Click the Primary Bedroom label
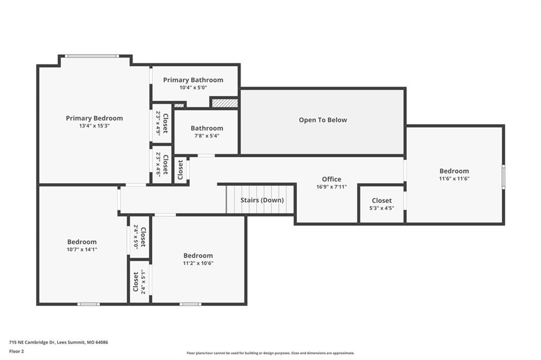pos(94,118)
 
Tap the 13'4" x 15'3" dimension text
pos(94,126)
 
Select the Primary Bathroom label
pos(193,80)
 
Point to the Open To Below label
pos(323,120)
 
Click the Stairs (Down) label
pos(262,200)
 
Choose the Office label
pos(332,179)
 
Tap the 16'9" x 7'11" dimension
pos(332,187)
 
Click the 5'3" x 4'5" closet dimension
pos(381,209)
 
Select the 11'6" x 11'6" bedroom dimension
pos(454,178)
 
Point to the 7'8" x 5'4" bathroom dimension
pos(207,136)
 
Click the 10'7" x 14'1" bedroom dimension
pos(82,250)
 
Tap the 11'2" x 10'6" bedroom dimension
pos(198,263)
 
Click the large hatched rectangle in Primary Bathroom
pos(225,103)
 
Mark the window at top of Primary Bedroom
pos(92,56)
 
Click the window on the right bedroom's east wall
pos(503,177)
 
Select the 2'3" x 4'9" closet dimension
pos(158,123)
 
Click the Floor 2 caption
pos(16,352)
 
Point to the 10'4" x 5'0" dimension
pos(193,88)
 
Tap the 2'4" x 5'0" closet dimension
pos(136,237)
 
